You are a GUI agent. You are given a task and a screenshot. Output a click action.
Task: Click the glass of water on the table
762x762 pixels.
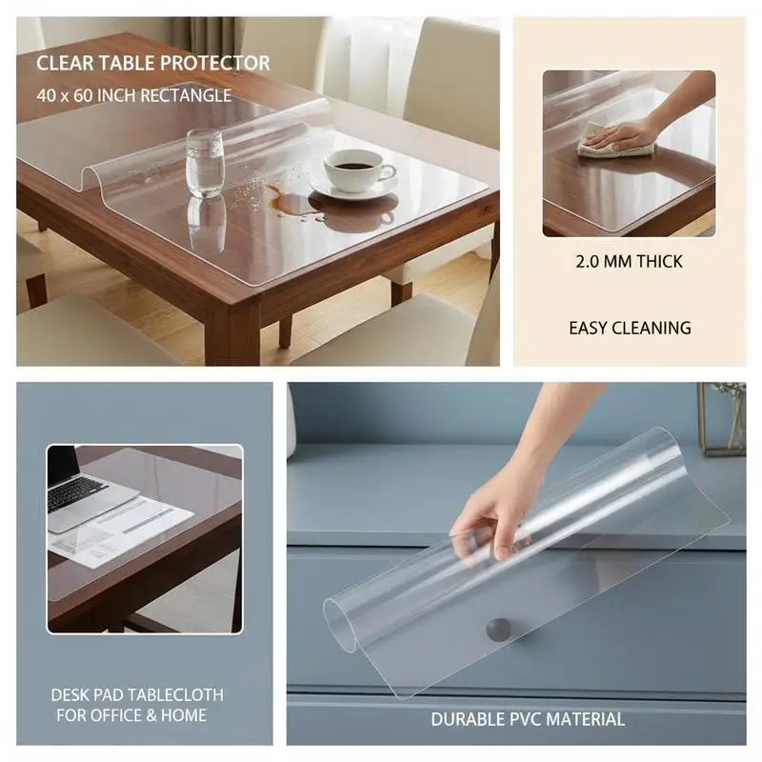[x=205, y=163]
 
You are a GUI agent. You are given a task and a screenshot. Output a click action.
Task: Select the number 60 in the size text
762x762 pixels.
[x=83, y=95]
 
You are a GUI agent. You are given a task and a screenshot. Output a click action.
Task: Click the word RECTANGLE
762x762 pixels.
[x=186, y=95]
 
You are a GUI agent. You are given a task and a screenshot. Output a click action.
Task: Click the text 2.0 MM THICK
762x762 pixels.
[x=629, y=262]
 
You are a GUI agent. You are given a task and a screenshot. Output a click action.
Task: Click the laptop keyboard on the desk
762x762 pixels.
[x=78, y=493]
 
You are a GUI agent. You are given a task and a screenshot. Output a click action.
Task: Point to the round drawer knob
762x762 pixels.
[x=498, y=631]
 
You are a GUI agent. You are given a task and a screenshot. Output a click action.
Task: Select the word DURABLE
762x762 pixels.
[x=469, y=719]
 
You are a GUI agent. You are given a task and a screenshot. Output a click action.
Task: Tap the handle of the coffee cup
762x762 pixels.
[x=388, y=171]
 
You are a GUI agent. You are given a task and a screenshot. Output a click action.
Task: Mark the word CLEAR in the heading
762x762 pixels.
[x=60, y=63]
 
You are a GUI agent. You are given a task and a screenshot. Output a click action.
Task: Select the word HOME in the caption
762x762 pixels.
[x=184, y=715]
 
